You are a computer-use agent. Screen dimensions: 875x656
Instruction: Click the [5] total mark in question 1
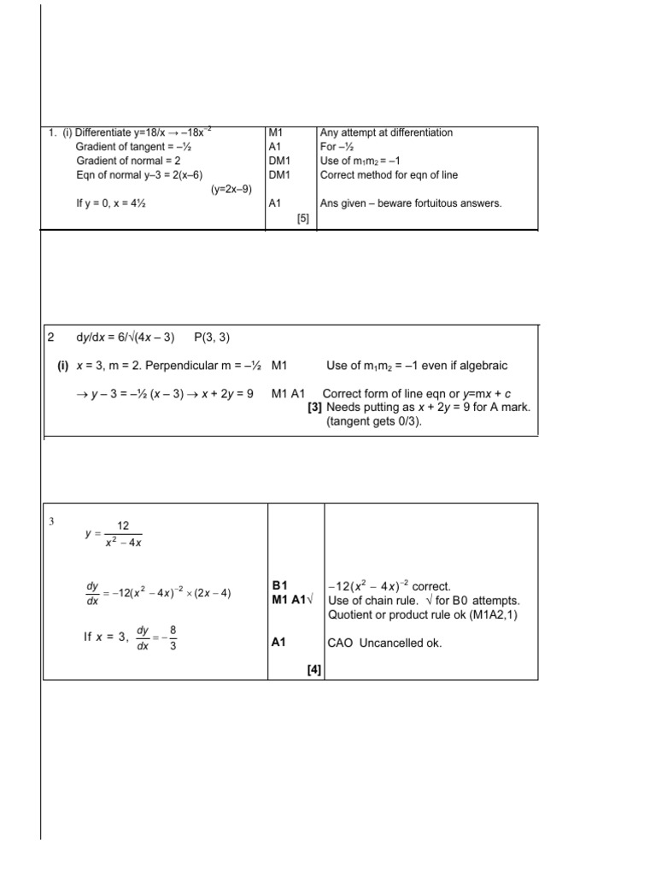click(x=302, y=219)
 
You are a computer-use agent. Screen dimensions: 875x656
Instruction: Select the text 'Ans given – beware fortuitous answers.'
click(x=411, y=204)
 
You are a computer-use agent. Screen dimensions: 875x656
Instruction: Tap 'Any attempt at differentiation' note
click(x=386, y=132)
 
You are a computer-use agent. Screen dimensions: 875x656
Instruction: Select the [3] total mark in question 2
click(x=314, y=408)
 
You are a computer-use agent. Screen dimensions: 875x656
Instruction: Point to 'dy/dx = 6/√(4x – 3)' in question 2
click(x=126, y=338)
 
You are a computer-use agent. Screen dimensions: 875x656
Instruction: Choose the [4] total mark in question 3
click(x=313, y=671)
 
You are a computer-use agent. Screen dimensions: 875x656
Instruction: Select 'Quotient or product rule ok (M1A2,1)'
click(x=424, y=614)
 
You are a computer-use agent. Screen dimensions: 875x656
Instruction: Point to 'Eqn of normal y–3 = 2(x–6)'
click(x=139, y=175)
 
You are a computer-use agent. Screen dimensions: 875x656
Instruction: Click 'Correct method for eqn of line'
click(x=389, y=175)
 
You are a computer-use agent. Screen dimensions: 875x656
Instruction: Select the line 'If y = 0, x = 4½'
click(x=117, y=204)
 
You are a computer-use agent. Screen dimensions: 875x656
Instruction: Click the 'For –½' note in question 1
click(x=336, y=147)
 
